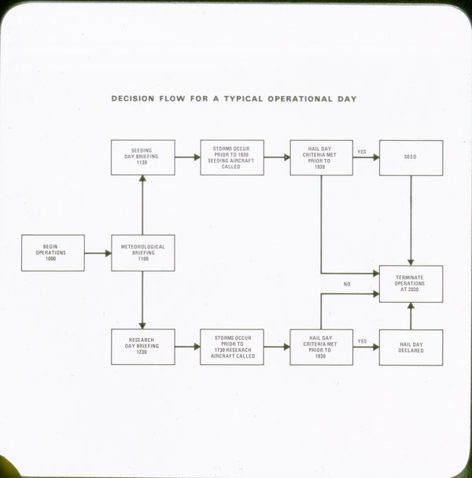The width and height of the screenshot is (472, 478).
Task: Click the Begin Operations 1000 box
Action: point(53,252)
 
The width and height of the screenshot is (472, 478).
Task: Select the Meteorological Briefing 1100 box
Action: point(142,252)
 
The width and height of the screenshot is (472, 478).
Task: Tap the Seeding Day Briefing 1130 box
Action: point(142,157)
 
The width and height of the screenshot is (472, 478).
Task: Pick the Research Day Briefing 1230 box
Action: point(142,347)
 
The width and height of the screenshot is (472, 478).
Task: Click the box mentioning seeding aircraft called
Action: point(232,157)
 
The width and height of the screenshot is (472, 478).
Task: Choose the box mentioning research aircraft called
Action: point(232,347)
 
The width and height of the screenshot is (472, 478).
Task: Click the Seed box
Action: point(411,157)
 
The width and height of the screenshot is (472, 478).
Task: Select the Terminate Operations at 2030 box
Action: point(411,284)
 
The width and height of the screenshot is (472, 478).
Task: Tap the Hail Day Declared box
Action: point(411,347)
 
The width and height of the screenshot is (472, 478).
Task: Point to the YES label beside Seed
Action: point(362,152)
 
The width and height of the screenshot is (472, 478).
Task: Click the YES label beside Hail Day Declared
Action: point(362,341)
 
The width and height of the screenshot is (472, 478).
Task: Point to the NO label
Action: point(346,284)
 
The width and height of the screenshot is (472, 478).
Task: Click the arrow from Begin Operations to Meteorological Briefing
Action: point(98,253)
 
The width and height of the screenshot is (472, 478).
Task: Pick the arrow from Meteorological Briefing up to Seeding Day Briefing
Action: point(142,204)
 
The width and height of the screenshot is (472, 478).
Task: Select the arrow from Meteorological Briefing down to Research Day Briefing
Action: point(142,300)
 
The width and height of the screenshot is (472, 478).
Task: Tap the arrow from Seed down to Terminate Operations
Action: point(411,220)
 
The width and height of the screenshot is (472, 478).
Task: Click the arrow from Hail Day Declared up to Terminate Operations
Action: point(411,316)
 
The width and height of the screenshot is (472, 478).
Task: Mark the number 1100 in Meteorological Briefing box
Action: point(142,259)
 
